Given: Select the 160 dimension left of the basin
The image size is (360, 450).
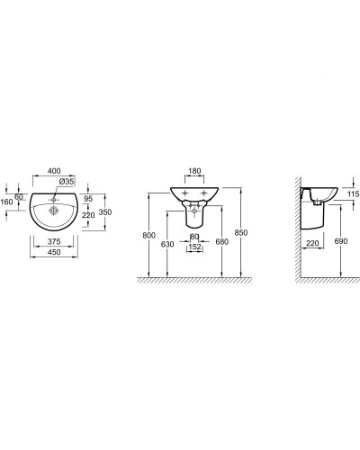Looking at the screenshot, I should coord(7,202).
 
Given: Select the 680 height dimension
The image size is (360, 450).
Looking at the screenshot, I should coord(221,242).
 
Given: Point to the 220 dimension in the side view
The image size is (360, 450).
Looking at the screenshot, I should coord(311,243).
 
